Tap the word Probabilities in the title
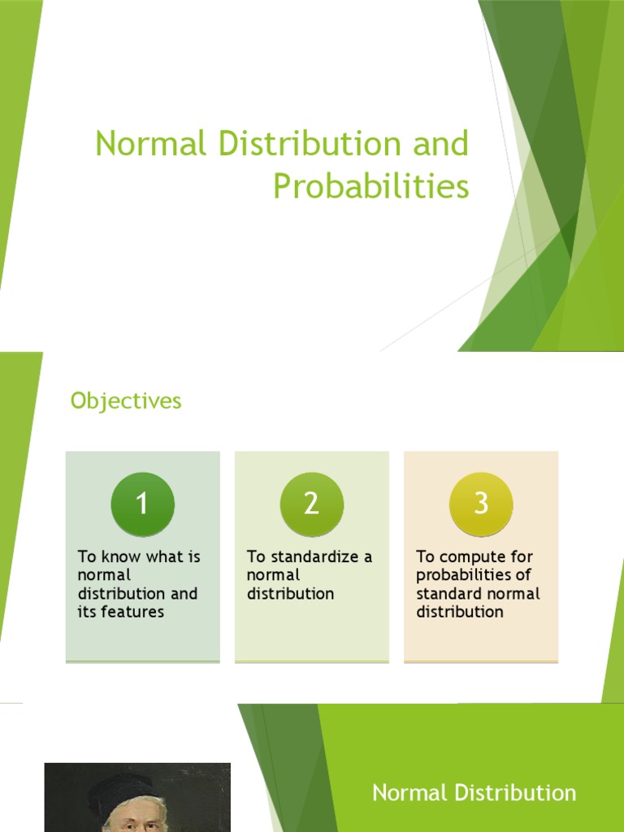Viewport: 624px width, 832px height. (x=370, y=187)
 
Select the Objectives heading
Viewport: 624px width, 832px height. (x=126, y=401)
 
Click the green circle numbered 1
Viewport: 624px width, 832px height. (x=142, y=504)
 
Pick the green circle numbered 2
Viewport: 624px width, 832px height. (x=311, y=504)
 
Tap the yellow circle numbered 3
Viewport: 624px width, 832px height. (x=481, y=504)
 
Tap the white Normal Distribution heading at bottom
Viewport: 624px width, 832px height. (x=474, y=793)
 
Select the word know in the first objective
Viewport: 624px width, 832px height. (x=119, y=557)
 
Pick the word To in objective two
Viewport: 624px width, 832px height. (x=255, y=557)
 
